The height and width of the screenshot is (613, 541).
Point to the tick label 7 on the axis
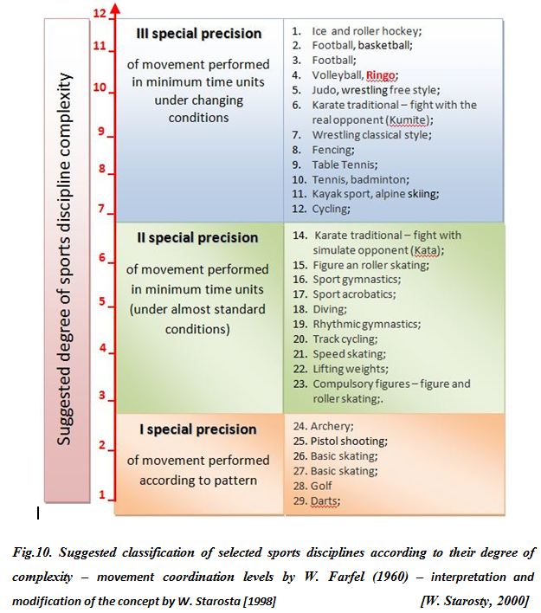[x=101, y=210]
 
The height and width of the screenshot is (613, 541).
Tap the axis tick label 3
[x=101, y=396]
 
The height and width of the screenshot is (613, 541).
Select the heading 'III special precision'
[x=199, y=34]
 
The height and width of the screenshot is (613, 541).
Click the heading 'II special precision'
[x=199, y=237]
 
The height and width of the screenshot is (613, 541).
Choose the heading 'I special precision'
[x=198, y=429]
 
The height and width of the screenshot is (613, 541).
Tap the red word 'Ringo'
[x=381, y=75]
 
